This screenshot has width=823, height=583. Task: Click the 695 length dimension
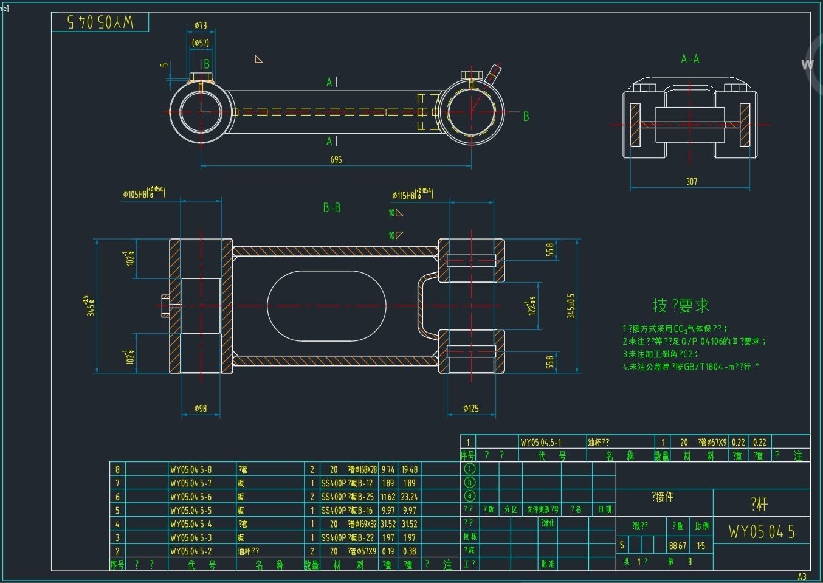tap(336, 160)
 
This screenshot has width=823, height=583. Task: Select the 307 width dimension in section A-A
tap(692, 182)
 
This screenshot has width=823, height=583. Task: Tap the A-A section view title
tap(690, 59)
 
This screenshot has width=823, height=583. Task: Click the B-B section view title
tap(331, 208)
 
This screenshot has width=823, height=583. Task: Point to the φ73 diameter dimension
tap(201, 26)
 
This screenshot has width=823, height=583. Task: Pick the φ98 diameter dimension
tap(200, 409)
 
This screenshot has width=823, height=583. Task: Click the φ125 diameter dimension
tap(470, 409)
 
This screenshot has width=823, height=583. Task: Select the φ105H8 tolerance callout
tap(143, 194)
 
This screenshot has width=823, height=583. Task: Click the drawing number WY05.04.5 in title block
tap(762, 532)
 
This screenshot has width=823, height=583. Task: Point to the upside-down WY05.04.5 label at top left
tap(100, 22)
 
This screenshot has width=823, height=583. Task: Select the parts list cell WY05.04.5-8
tap(191, 469)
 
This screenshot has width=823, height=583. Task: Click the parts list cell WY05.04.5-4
tap(191, 524)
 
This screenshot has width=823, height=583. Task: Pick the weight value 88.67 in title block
tap(677, 546)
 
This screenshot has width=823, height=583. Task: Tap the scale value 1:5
tap(701, 546)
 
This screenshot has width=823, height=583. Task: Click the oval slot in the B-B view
tap(326, 306)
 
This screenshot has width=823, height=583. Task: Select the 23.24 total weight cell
tap(409, 497)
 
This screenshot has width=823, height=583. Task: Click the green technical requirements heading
tap(681, 306)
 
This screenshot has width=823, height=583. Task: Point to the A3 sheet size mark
tap(802, 576)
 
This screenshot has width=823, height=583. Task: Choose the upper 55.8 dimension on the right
tap(550, 250)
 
